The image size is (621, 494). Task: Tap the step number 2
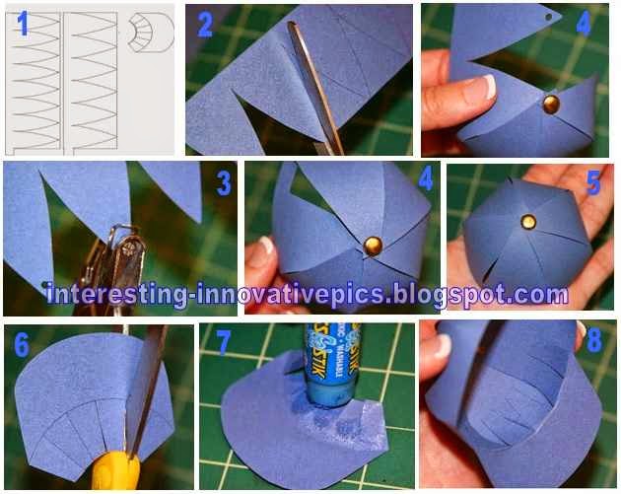pos(204,25)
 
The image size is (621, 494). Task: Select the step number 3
pos(223,184)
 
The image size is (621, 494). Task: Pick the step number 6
pos(22,343)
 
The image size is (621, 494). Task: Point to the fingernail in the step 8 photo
pos(443,345)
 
